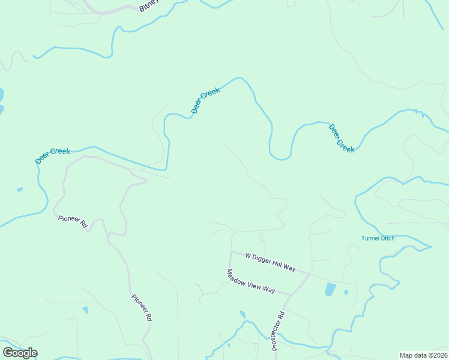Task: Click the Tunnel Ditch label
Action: click(378, 238)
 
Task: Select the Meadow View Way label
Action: click(250, 281)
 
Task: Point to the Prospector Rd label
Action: click(277, 331)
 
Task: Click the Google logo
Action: click(20, 352)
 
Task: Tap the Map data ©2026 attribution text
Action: click(423, 355)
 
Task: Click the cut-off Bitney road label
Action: click(148, 7)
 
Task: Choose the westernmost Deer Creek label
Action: click(52, 155)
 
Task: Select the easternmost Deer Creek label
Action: click(342, 138)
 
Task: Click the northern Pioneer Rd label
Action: click(73, 221)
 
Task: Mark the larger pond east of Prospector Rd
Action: click(330, 290)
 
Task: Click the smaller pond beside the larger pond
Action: click(346, 293)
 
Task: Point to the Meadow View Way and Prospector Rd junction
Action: click(292, 294)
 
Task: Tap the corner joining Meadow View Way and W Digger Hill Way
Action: click(231, 253)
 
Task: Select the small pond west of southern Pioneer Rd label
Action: click(85, 310)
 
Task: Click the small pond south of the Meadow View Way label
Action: click(243, 314)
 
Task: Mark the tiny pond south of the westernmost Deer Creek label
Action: click(20, 190)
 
